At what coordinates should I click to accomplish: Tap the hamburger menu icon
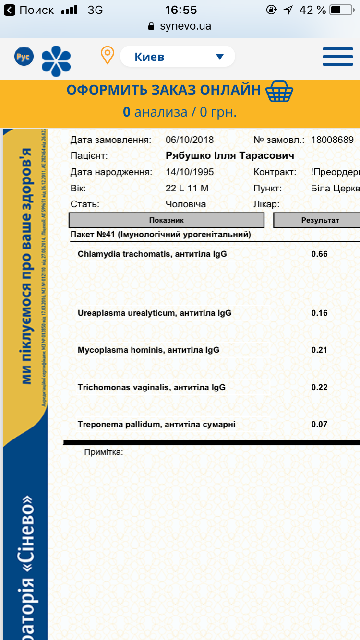click(x=338, y=57)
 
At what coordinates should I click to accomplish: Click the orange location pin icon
click(x=107, y=55)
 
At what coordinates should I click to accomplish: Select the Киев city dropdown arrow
click(x=220, y=57)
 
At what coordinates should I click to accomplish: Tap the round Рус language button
click(x=23, y=56)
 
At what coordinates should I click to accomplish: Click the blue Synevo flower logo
click(x=56, y=61)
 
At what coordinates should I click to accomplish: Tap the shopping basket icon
click(x=279, y=91)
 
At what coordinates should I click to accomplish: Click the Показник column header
click(x=167, y=220)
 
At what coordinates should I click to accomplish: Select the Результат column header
click(x=320, y=220)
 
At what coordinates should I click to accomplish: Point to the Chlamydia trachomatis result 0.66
click(x=320, y=254)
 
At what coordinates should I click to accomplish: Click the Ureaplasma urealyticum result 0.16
click(x=320, y=313)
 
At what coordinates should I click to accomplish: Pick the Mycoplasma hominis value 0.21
click(x=320, y=350)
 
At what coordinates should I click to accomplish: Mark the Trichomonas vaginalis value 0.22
click(x=320, y=387)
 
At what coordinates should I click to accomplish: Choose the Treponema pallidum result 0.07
click(x=320, y=424)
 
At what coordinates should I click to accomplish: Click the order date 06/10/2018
click(x=190, y=140)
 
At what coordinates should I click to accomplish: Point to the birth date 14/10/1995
click(x=190, y=172)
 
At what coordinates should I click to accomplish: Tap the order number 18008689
click(x=333, y=140)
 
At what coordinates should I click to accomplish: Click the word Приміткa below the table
click(x=104, y=452)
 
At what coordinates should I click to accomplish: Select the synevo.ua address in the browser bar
click(x=185, y=26)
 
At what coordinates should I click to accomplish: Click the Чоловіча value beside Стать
click(x=186, y=204)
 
